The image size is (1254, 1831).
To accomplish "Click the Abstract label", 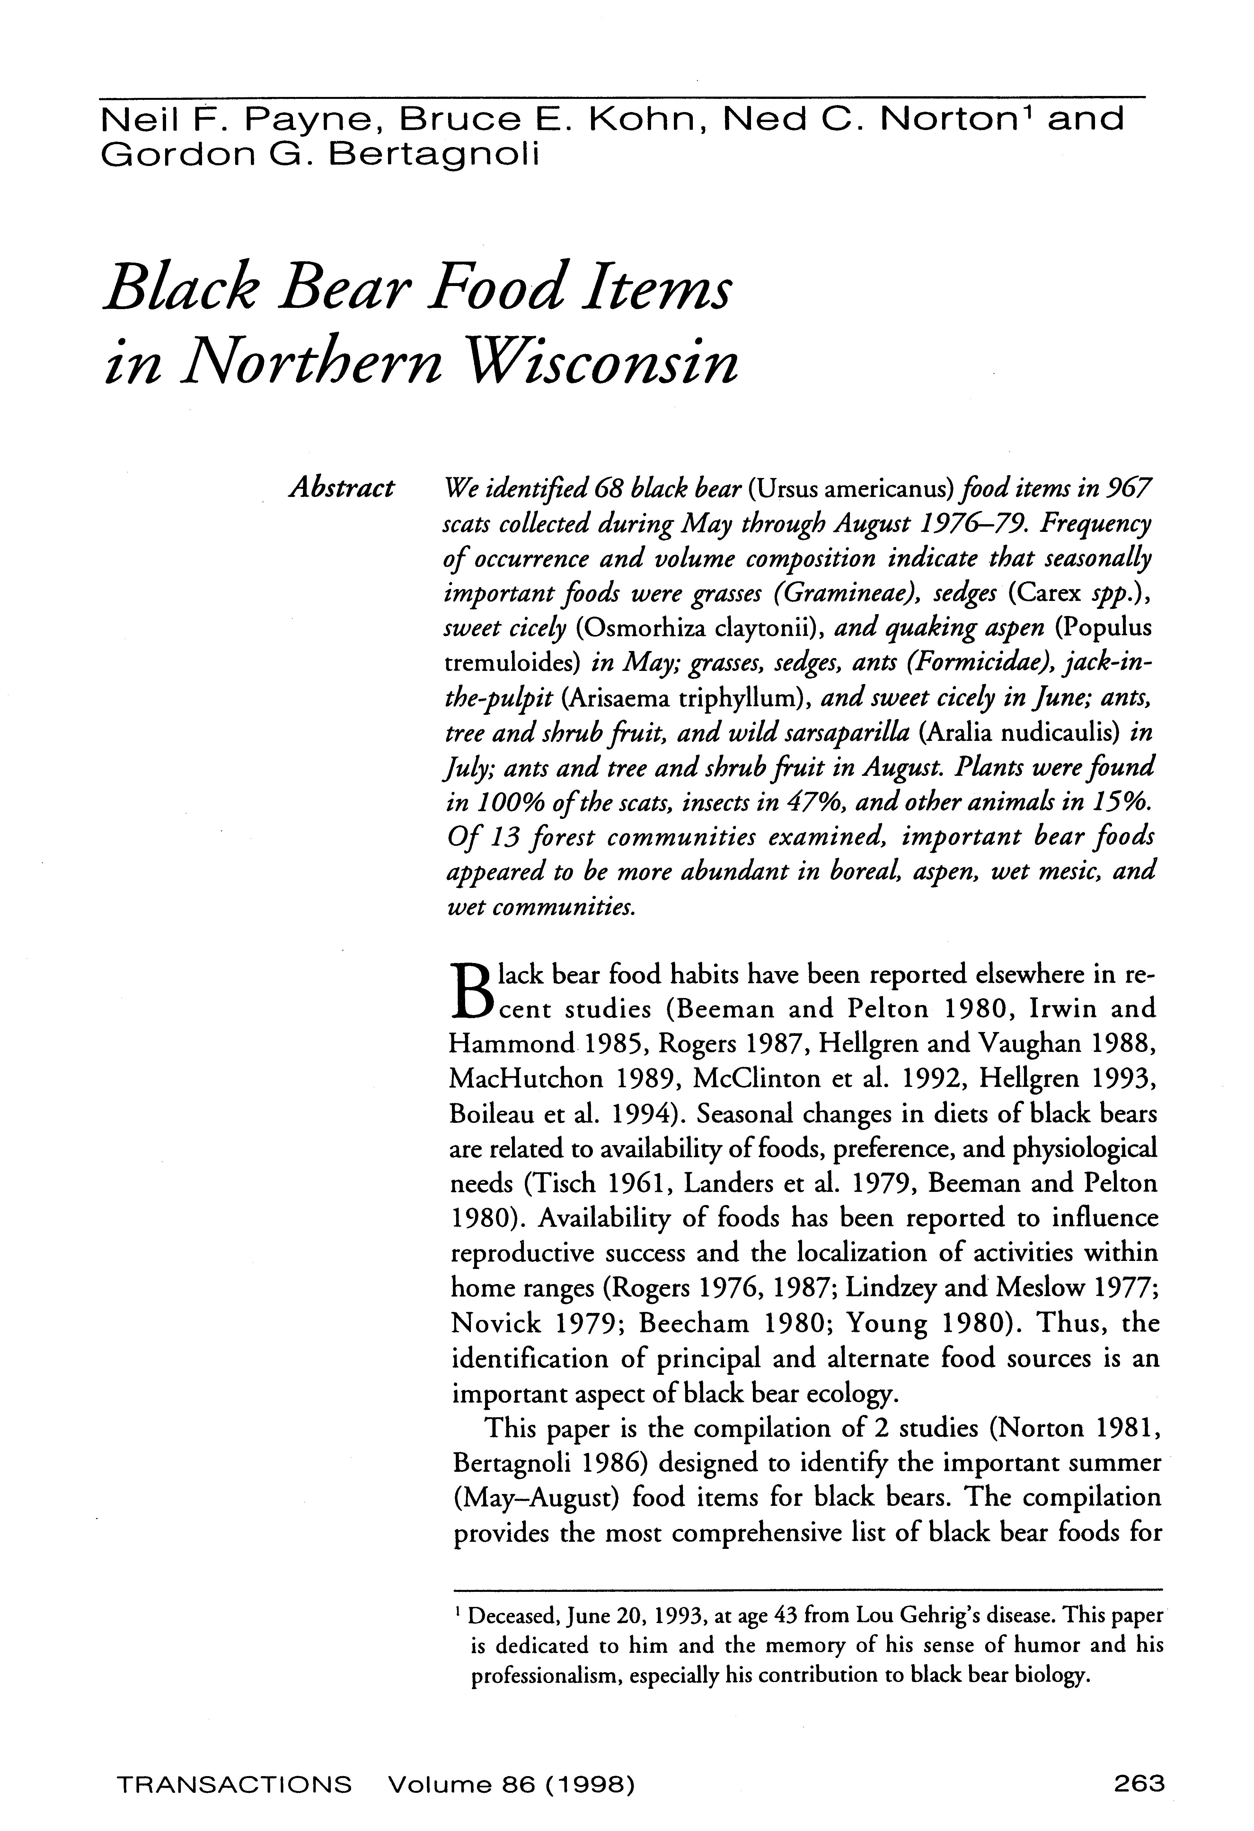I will point(341,489).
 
